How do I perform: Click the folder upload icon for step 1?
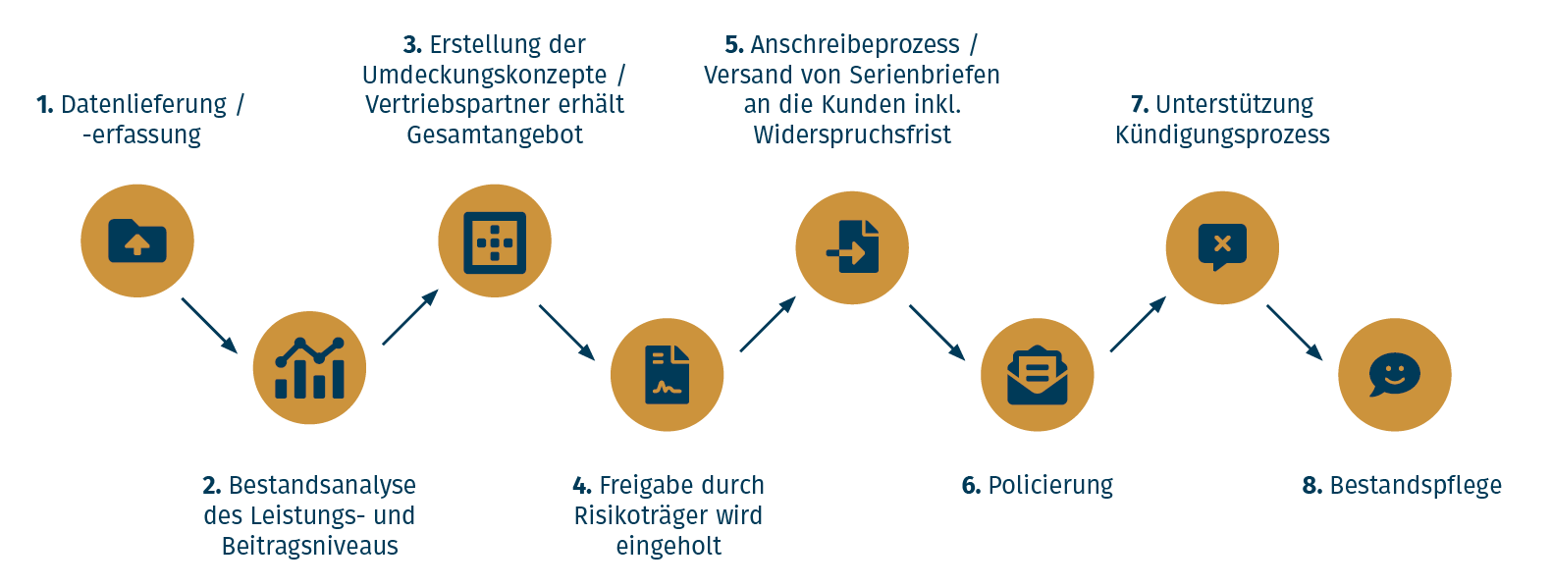137,240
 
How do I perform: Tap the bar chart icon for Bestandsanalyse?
309,368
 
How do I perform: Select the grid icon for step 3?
495,241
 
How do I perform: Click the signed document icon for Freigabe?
668,374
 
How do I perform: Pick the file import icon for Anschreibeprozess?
852,247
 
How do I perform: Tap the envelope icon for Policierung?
1037,374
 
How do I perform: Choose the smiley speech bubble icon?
1394,374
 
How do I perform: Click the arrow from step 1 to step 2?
209,325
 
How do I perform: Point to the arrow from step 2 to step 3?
409,317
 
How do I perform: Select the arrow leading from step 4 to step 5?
767,325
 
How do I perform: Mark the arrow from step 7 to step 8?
1294,332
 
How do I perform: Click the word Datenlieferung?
143,104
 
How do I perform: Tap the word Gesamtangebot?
495,134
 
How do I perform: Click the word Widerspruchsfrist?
852,134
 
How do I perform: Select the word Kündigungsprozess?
1222,134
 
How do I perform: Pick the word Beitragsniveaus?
309,546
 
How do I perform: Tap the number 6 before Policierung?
970,486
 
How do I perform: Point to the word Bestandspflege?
1415,486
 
